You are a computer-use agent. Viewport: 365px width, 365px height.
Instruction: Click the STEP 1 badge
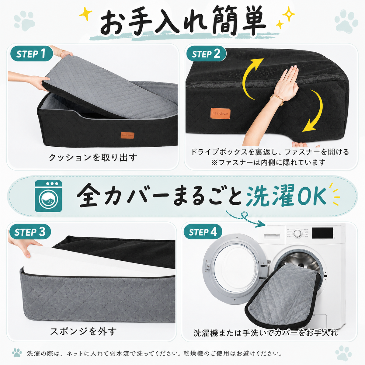[31, 54]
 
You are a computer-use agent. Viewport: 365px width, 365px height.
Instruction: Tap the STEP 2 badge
[206, 54]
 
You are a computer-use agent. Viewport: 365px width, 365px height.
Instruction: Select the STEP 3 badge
[30, 232]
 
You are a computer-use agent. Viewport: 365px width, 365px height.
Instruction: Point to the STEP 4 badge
[203, 232]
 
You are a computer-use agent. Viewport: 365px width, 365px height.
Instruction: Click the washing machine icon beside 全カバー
[48, 196]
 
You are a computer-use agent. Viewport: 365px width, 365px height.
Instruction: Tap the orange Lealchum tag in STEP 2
[220, 113]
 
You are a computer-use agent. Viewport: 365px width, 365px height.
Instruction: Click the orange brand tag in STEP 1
[127, 135]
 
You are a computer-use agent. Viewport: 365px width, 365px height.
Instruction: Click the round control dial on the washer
[297, 233]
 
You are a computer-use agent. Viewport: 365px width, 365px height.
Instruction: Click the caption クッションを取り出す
[93, 157]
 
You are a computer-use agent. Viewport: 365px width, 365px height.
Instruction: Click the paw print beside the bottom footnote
[17, 353]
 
